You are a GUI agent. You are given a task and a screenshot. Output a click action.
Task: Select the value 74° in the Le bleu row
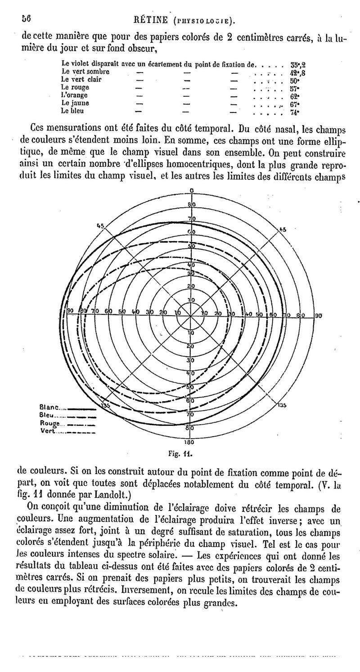pyautogui.click(x=295, y=112)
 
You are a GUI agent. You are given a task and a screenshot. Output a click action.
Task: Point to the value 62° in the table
pyautogui.click(x=295, y=96)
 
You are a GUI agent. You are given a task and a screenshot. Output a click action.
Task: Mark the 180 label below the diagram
pyautogui.click(x=190, y=442)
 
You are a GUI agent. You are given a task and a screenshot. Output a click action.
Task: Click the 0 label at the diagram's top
pyautogui.click(x=192, y=191)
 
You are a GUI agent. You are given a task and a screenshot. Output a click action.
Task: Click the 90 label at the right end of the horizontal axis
pyautogui.click(x=318, y=315)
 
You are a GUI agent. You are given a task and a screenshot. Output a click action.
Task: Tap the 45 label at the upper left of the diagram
pyautogui.click(x=100, y=225)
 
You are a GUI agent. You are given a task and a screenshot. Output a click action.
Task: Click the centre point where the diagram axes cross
pyautogui.click(x=191, y=316)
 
